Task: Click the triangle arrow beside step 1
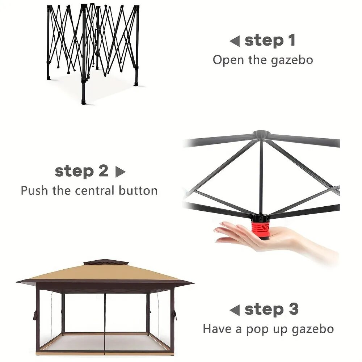click(235, 41)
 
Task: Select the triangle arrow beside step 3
click(235, 310)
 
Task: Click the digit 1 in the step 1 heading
click(291, 40)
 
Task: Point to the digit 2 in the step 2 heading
click(104, 171)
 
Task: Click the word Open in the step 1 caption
click(228, 60)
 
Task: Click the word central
click(94, 190)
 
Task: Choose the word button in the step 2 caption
click(138, 190)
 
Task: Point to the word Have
click(217, 329)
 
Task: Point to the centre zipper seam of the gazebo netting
click(105, 324)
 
